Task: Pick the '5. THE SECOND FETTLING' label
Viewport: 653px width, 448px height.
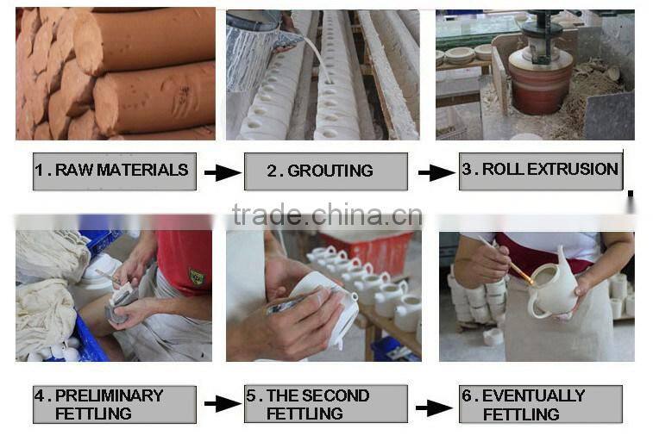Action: coord(325,404)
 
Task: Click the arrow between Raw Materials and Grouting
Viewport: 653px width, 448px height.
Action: coord(222,172)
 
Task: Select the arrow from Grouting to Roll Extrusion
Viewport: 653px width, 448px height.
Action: coord(436,172)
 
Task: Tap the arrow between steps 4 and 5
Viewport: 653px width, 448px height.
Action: coord(222,404)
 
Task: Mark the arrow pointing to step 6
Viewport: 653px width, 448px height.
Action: coord(434,407)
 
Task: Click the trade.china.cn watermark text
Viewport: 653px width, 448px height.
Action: coord(327,215)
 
